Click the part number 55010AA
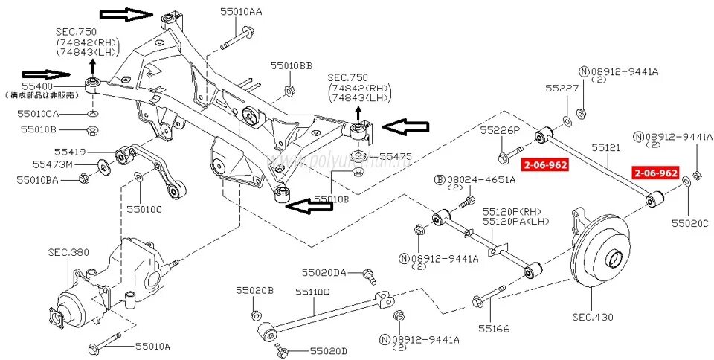241,11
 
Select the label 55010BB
292,65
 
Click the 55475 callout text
395,157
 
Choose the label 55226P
500,130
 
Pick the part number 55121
605,148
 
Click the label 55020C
690,222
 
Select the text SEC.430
593,317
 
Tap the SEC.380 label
69,252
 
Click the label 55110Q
312,292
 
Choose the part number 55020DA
324,273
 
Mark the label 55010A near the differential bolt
153,346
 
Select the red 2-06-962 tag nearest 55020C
655,173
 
